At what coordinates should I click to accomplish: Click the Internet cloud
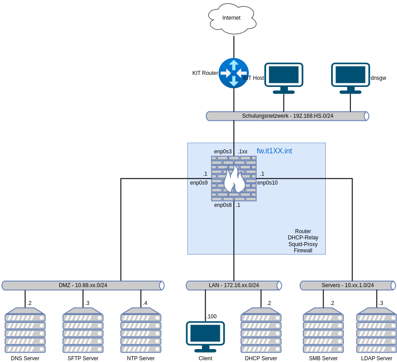coord(232,19)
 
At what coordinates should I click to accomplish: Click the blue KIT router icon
coord(233,73)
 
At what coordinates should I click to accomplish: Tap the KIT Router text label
coord(205,73)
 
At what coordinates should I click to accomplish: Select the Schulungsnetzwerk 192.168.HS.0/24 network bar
coord(288,116)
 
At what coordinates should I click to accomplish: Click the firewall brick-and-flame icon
coord(234,178)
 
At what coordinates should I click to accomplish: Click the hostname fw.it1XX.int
coord(274,151)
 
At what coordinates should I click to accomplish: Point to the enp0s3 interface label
coord(223,152)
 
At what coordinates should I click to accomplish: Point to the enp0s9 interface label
coord(198,183)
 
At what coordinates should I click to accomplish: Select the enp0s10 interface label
coord(267,183)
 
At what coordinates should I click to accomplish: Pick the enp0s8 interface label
coord(223,205)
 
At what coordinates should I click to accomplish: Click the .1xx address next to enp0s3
coord(243,152)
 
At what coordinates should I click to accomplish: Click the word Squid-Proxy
coord(303,244)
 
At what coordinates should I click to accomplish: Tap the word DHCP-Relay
coord(303,238)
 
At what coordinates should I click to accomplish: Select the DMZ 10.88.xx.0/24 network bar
coord(83,285)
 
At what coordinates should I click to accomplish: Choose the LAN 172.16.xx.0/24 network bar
coord(234,285)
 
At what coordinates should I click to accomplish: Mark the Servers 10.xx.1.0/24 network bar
coord(348,285)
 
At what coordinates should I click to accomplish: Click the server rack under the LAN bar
coord(261,330)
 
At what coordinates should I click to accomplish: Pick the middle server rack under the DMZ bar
coord(83,330)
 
